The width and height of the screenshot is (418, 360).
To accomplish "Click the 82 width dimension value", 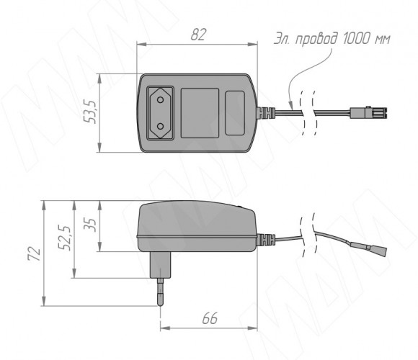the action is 198,35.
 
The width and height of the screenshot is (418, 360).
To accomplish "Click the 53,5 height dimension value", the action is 90,112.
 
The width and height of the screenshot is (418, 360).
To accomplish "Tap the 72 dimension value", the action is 35,253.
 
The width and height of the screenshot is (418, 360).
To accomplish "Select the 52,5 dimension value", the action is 65,238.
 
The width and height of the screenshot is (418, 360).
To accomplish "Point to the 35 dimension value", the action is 90,225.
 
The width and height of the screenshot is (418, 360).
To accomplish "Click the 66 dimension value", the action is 210,318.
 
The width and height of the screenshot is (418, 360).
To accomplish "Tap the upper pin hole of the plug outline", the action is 160,100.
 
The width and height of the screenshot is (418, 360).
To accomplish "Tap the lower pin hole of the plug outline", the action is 160,126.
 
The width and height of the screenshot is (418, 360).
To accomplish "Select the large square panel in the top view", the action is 200,113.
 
